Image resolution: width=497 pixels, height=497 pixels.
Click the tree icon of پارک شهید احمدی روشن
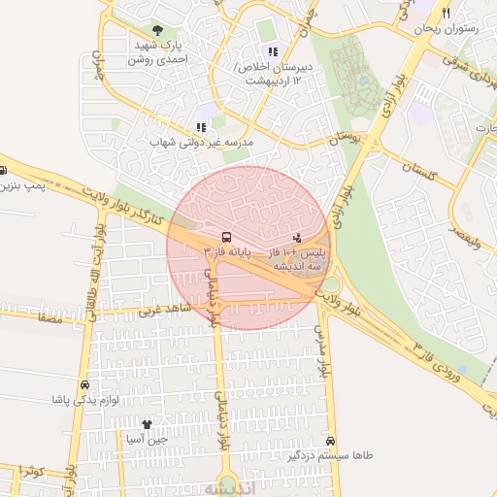[x=157, y=31]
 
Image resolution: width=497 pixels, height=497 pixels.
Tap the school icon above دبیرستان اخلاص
[x=273, y=51]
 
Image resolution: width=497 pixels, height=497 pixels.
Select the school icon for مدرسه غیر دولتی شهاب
[x=201, y=127]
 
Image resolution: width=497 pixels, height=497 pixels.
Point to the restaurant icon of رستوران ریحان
[x=446, y=14]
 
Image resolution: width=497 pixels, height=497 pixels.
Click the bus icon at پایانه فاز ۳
[x=226, y=237]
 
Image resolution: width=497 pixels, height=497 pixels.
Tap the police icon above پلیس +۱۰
[x=296, y=237]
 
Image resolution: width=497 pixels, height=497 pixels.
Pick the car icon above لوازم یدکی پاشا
[x=85, y=384]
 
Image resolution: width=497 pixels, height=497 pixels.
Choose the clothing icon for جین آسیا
[x=147, y=424]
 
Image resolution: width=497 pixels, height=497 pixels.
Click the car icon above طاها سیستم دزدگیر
[x=331, y=440]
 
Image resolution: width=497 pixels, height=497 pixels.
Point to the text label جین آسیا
[x=148, y=440]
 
